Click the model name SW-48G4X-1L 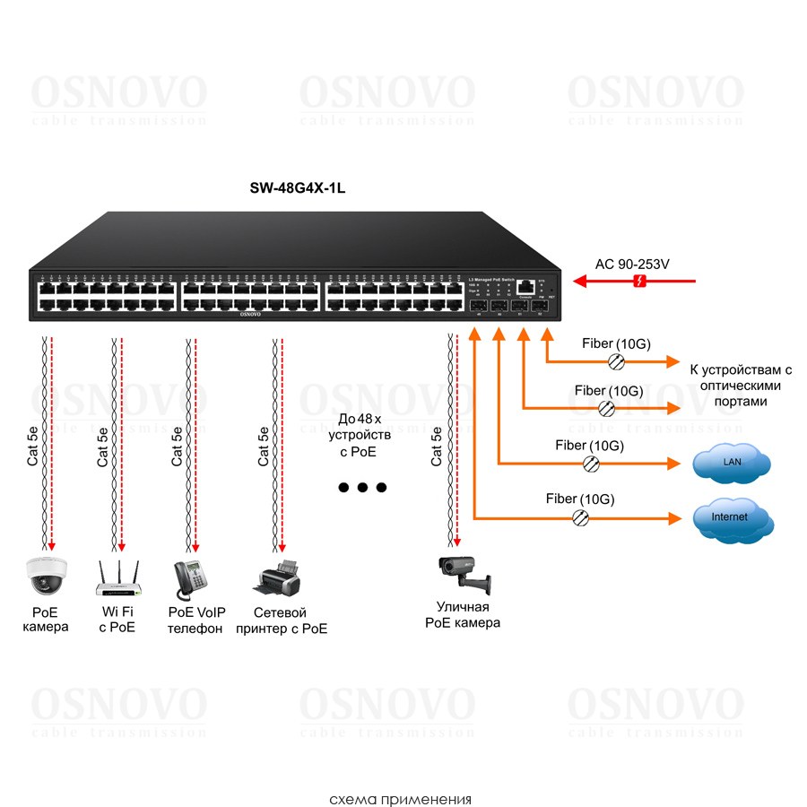[x=296, y=189]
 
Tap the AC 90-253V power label [x=633, y=265]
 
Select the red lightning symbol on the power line [x=638, y=282]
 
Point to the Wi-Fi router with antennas [x=117, y=578]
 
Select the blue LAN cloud [x=732, y=463]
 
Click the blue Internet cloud [x=732, y=518]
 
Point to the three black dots [x=361, y=488]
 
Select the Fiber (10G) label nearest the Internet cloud [x=580, y=499]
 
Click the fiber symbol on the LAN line [x=592, y=464]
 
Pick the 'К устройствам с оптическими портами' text [x=741, y=385]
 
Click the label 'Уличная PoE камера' [x=463, y=615]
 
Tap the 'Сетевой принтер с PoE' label [x=281, y=620]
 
